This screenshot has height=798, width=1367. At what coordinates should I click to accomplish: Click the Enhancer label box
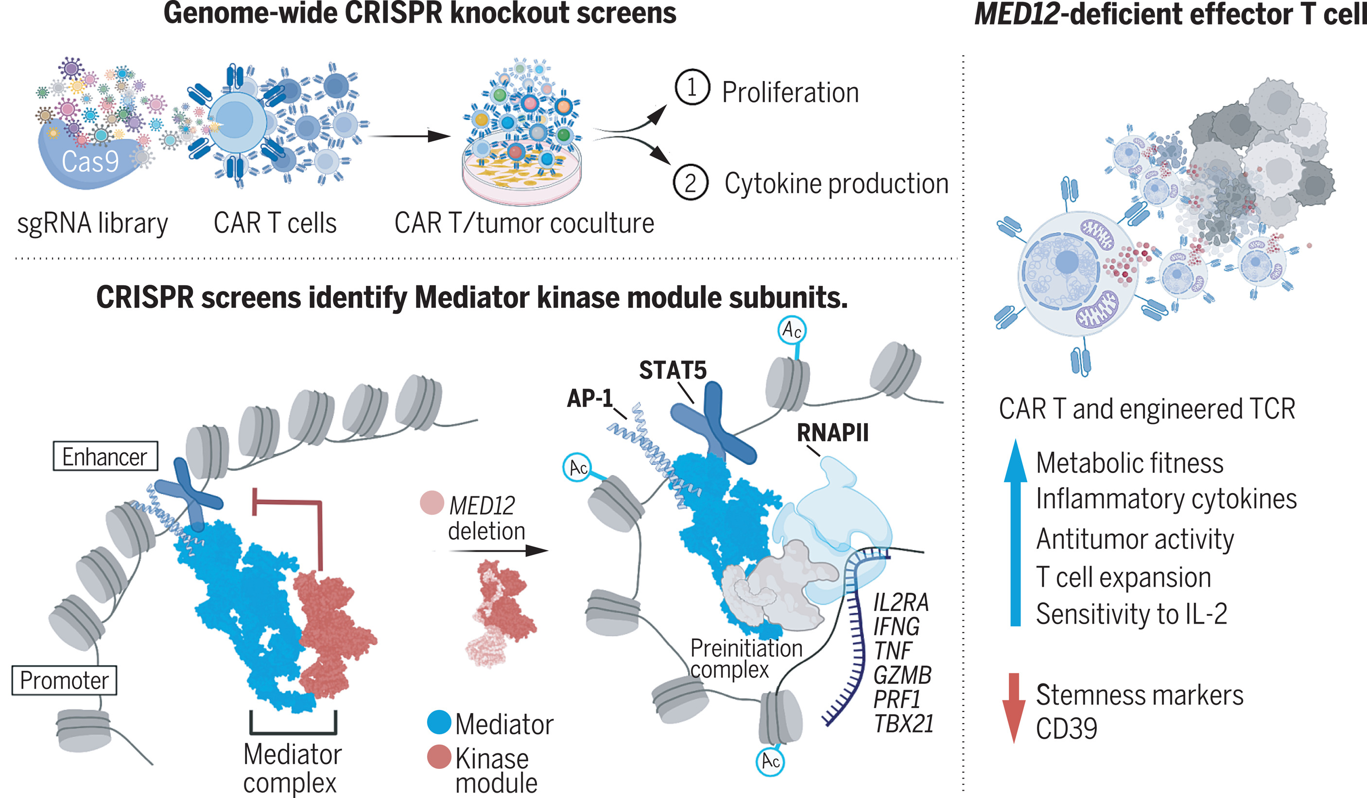104,457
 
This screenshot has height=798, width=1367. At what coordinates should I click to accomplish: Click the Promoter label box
64,680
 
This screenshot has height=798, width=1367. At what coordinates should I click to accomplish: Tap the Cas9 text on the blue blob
90,161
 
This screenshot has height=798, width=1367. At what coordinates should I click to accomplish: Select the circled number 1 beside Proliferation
692,87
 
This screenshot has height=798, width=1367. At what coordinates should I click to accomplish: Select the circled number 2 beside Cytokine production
690,183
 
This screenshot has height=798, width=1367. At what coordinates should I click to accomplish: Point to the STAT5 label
673,370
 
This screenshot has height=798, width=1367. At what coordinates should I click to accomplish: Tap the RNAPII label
832,433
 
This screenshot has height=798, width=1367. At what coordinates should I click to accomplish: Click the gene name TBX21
904,724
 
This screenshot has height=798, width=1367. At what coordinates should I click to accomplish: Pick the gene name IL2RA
901,602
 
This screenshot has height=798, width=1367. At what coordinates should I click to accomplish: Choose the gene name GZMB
902,676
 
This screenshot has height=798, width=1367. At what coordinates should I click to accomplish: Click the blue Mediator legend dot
439,722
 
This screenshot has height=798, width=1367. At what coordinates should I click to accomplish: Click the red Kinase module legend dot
439,757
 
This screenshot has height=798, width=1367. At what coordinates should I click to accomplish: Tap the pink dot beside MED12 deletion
432,503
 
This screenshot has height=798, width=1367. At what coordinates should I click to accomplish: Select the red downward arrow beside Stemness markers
1013,708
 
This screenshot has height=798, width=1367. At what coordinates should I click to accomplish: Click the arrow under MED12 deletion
499,551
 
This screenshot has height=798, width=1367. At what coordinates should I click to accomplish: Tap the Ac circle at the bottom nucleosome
770,761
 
